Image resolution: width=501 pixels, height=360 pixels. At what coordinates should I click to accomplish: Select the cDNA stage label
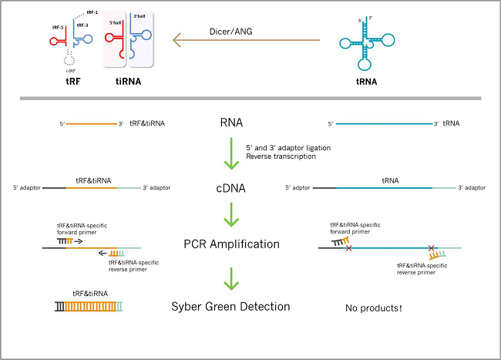[231, 187]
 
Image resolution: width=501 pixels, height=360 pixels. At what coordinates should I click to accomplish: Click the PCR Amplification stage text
[231, 244]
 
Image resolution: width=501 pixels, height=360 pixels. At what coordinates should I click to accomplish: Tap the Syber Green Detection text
[231, 307]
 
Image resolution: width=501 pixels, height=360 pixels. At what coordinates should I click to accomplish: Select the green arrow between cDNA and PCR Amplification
[231, 215]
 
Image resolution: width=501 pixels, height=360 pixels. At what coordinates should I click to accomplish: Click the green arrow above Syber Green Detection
[231, 276]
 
